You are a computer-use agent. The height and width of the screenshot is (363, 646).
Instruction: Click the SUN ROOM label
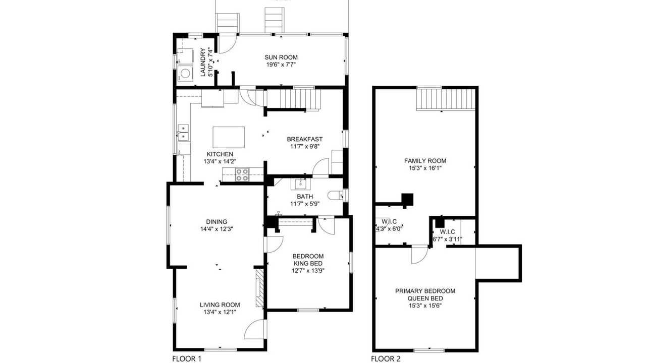click(x=281, y=57)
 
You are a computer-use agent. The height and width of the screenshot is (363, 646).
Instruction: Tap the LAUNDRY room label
click(x=203, y=62)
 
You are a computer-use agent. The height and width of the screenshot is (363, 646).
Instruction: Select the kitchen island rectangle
click(x=229, y=137)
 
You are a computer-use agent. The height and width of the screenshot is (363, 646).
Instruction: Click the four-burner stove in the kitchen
click(x=242, y=174)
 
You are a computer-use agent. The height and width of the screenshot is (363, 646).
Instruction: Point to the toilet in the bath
click(x=335, y=195)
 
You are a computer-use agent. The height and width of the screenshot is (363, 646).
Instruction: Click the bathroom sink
click(x=300, y=184)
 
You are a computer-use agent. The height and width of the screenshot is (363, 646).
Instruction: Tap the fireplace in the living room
click(x=259, y=288)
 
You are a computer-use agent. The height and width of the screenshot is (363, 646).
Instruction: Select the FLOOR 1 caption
click(x=187, y=358)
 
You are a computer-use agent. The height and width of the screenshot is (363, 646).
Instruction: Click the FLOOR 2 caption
click(x=386, y=358)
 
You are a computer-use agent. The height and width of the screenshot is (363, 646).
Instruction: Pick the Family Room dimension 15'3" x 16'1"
click(x=425, y=168)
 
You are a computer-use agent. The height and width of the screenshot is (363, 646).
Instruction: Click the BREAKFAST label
click(x=304, y=139)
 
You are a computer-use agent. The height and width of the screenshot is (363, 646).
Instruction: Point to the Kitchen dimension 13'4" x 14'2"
click(x=220, y=162)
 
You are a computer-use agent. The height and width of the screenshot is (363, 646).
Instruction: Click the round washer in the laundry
click(x=185, y=73)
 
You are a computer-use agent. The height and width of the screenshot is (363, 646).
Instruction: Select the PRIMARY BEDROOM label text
click(x=425, y=291)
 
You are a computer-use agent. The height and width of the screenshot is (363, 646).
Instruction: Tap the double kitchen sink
click(x=183, y=132)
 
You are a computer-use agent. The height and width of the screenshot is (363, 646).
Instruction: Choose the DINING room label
click(x=217, y=222)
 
